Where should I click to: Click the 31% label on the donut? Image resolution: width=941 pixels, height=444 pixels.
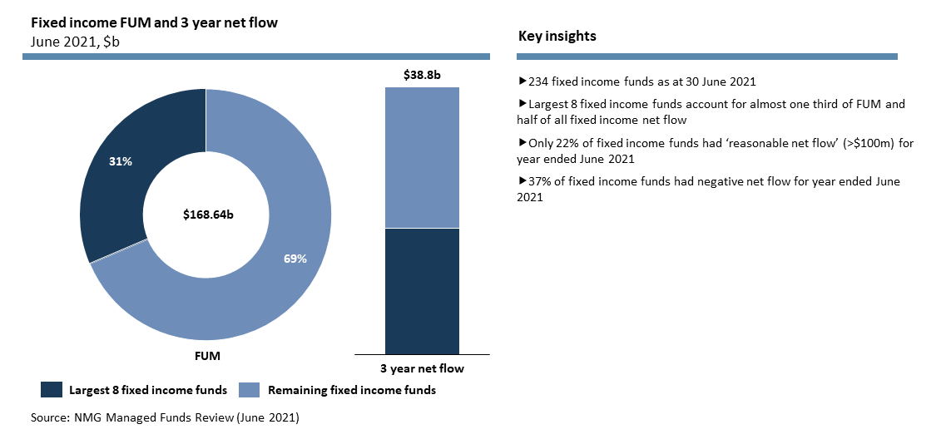pyautogui.click(x=121, y=161)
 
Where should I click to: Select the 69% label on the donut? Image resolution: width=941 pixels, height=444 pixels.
pyautogui.click(x=295, y=259)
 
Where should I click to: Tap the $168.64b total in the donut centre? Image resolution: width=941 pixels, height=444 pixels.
pyautogui.click(x=208, y=215)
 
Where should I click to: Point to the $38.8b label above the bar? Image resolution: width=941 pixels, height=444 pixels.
pyautogui.click(x=422, y=76)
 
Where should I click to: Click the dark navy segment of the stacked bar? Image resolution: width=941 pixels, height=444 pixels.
pyautogui.click(x=422, y=291)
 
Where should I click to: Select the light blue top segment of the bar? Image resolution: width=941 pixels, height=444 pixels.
pyautogui.click(x=422, y=158)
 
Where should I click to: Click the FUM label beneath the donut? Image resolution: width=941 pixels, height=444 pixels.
pyautogui.click(x=208, y=356)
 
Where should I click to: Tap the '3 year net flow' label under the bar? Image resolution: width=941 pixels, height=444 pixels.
pyautogui.click(x=422, y=368)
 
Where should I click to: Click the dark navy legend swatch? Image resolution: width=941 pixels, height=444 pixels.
pyautogui.click(x=52, y=389)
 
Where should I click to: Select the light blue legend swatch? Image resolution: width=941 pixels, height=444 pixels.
pyautogui.click(x=250, y=389)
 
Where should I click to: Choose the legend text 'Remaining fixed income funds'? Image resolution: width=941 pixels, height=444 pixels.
pyautogui.click(x=352, y=390)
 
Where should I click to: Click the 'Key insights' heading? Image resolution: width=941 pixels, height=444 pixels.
pyautogui.click(x=557, y=37)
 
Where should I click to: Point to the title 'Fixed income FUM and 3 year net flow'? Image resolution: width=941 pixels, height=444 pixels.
pyautogui.click(x=154, y=22)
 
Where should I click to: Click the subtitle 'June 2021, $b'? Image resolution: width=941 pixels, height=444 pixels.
pyautogui.click(x=72, y=42)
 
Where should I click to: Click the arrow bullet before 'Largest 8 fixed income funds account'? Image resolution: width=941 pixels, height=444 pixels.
pyautogui.click(x=523, y=104)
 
